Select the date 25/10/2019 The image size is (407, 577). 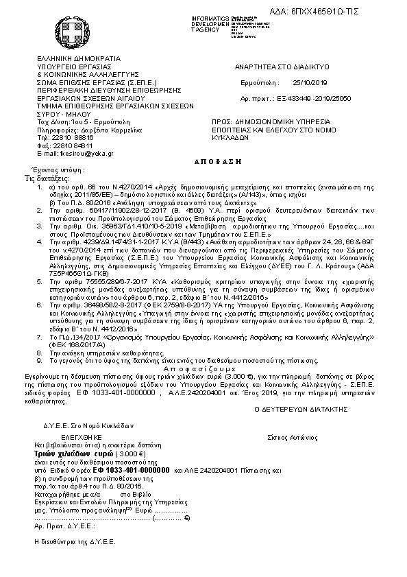pos(310,82)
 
